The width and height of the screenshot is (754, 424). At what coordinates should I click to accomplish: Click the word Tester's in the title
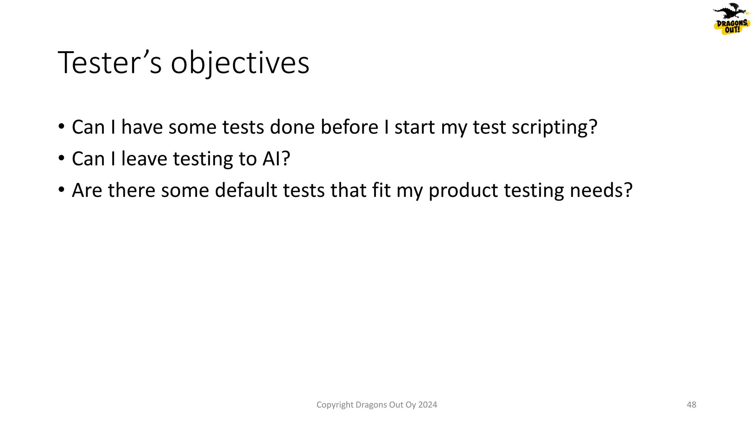click(x=109, y=63)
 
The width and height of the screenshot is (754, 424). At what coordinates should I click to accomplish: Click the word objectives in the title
click(x=240, y=63)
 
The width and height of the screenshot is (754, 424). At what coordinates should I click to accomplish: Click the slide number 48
click(x=691, y=405)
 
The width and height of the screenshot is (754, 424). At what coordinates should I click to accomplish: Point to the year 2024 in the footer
click(x=427, y=405)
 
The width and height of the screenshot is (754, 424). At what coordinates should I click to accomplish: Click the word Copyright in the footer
click(x=335, y=405)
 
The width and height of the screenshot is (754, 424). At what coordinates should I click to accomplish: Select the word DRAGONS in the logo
click(x=732, y=23)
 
